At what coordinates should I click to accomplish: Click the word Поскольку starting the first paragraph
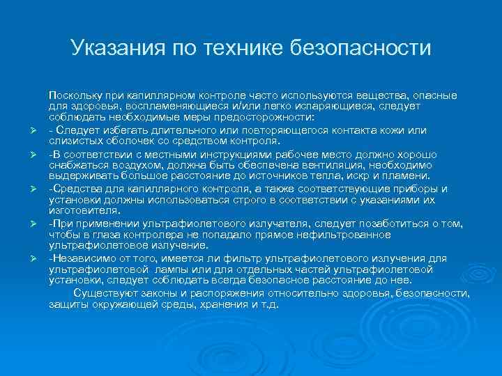coord(74,94)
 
